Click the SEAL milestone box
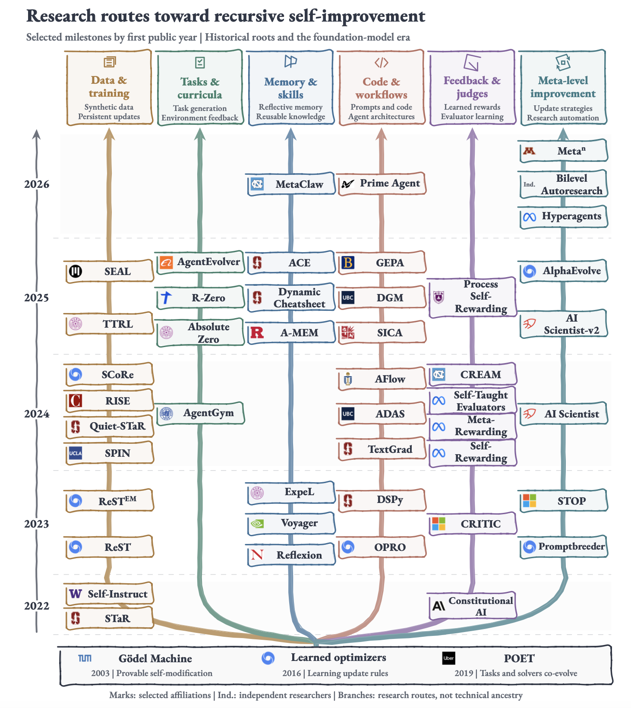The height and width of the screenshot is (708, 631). (109, 272)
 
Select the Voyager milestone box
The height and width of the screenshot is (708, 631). (291, 523)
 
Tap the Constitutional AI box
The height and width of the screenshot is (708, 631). (473, 606)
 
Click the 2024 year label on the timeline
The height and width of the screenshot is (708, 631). (37, 414)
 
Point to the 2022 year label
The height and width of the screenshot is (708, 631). (37, 606)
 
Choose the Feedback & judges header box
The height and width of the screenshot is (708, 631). (473, 88)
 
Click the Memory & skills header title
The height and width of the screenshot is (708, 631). (291, 88)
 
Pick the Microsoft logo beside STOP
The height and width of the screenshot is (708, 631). (529, 501)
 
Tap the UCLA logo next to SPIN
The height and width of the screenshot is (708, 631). (76, 453)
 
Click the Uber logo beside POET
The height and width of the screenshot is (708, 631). (448, 658)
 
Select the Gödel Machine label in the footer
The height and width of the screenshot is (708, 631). (155, 658)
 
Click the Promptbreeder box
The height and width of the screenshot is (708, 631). (563, 547)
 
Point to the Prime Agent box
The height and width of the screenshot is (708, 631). (382, 183)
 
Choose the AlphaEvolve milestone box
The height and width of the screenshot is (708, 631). (563, 271)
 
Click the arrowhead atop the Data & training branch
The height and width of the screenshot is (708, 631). (109, 134)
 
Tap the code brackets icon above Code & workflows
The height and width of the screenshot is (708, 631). (382, 63)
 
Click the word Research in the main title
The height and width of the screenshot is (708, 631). (61, 16)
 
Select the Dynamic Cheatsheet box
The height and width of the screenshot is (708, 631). (291, 298)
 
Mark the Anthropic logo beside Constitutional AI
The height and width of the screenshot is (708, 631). (439, 606)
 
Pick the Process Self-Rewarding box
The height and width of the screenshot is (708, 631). (473, 297)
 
